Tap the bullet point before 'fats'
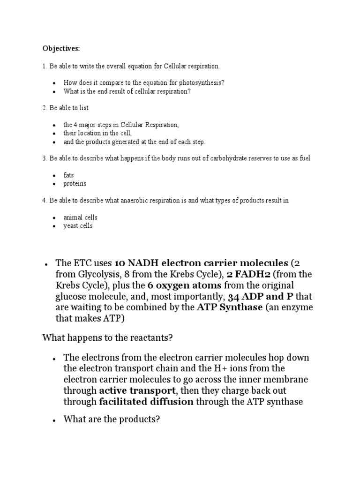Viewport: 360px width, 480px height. (x=55, y=175)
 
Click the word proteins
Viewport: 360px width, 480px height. (x=75, y=184)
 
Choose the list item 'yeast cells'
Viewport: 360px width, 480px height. (x=78, y=226)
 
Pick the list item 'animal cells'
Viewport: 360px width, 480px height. (x=81, y=217)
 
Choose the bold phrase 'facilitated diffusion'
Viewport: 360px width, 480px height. (x=146, y=401)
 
